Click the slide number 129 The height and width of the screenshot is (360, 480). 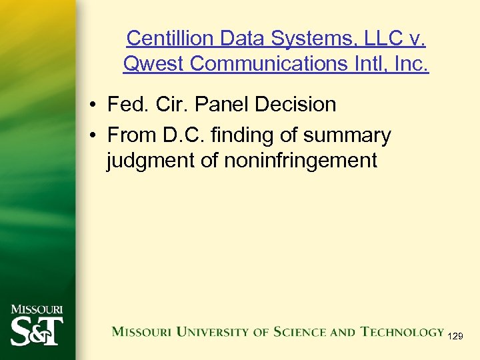pos(455,337)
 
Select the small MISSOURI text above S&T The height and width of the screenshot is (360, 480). pos(37,309)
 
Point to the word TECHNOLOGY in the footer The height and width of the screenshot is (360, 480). pos(402,331)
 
